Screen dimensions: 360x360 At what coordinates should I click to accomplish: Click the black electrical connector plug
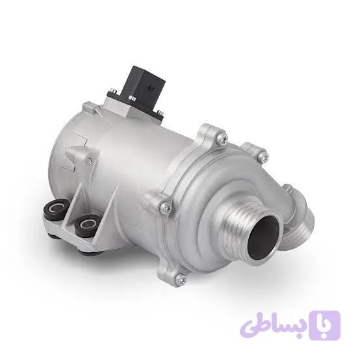pyautogui.click(x=145, y=92)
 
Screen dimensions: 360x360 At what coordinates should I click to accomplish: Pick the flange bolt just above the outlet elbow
pyautogui.click(x=262, y=155)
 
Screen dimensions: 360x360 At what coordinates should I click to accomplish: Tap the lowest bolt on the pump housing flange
pyautogui.click(x=180, y=278)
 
